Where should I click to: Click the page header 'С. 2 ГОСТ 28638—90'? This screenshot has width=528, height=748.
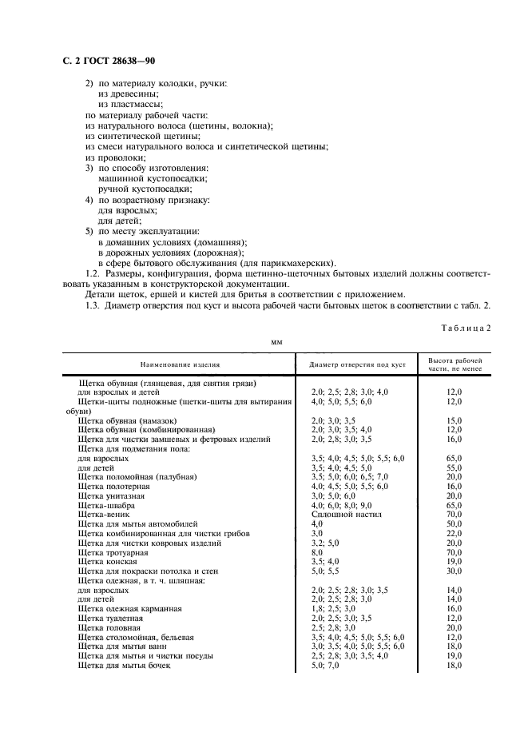pos(109,62)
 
